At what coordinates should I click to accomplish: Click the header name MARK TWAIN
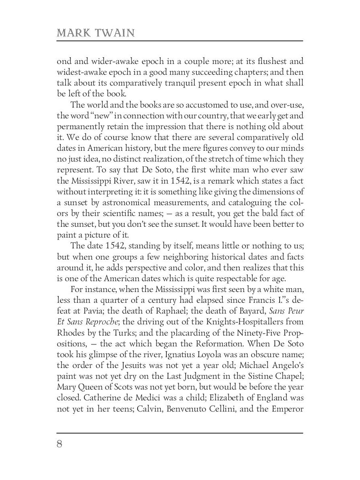point(96,33)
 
